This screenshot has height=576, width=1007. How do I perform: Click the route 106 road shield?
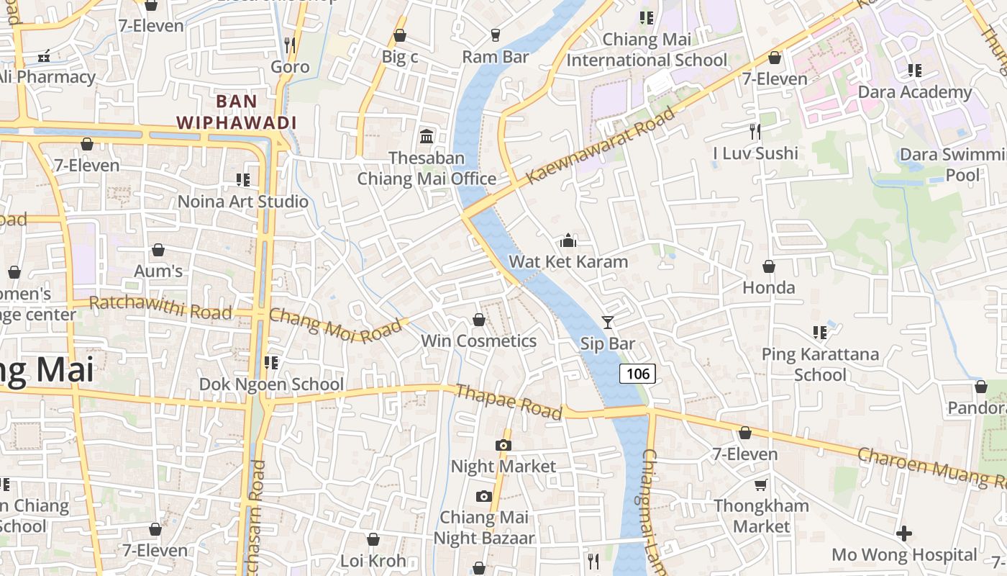click(x=637, y=373)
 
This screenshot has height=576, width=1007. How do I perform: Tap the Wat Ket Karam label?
click(x=568, y=261)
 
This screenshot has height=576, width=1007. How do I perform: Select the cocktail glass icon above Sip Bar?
click(x=608, y=322)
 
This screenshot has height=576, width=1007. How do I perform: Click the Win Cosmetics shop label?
click(x=478, y=341)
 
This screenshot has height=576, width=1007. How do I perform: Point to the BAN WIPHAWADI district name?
click(x=237, y=112)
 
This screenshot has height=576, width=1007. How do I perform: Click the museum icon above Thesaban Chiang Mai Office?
click(x=427, y=136)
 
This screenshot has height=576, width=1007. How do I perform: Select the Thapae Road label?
click(x=509, y=401)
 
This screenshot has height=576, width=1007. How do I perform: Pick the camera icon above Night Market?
click(x=503, y=445)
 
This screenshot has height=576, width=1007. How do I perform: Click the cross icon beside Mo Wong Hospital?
click(x=904, y=534)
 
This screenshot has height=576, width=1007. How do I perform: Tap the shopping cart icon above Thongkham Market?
click(x=761, y=485)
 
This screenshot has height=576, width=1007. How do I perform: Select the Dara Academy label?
click(x=914, y=92)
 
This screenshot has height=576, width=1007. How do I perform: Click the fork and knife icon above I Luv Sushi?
click(x=755, y=131)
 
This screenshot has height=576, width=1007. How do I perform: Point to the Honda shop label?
click(x=768, y=287)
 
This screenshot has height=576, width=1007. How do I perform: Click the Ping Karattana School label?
click(x=820, y=364)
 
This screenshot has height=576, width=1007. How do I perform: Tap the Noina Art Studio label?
click(x=242, y=202)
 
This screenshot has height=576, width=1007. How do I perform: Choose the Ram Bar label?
click(x=495, y=56)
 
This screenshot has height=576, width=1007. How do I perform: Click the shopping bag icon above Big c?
click(x=400, y=35)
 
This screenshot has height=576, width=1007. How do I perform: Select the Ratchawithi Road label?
click(x=160, y=307)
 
